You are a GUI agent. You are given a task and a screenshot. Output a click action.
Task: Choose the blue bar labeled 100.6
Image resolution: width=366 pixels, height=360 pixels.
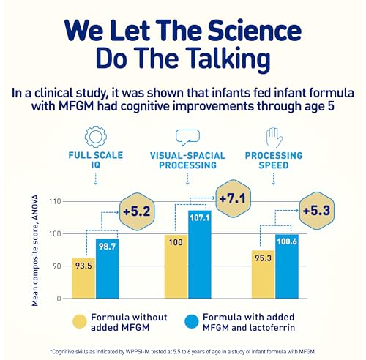click(287, 266)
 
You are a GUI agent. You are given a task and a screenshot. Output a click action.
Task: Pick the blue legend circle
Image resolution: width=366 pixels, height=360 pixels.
click(193, 321)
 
